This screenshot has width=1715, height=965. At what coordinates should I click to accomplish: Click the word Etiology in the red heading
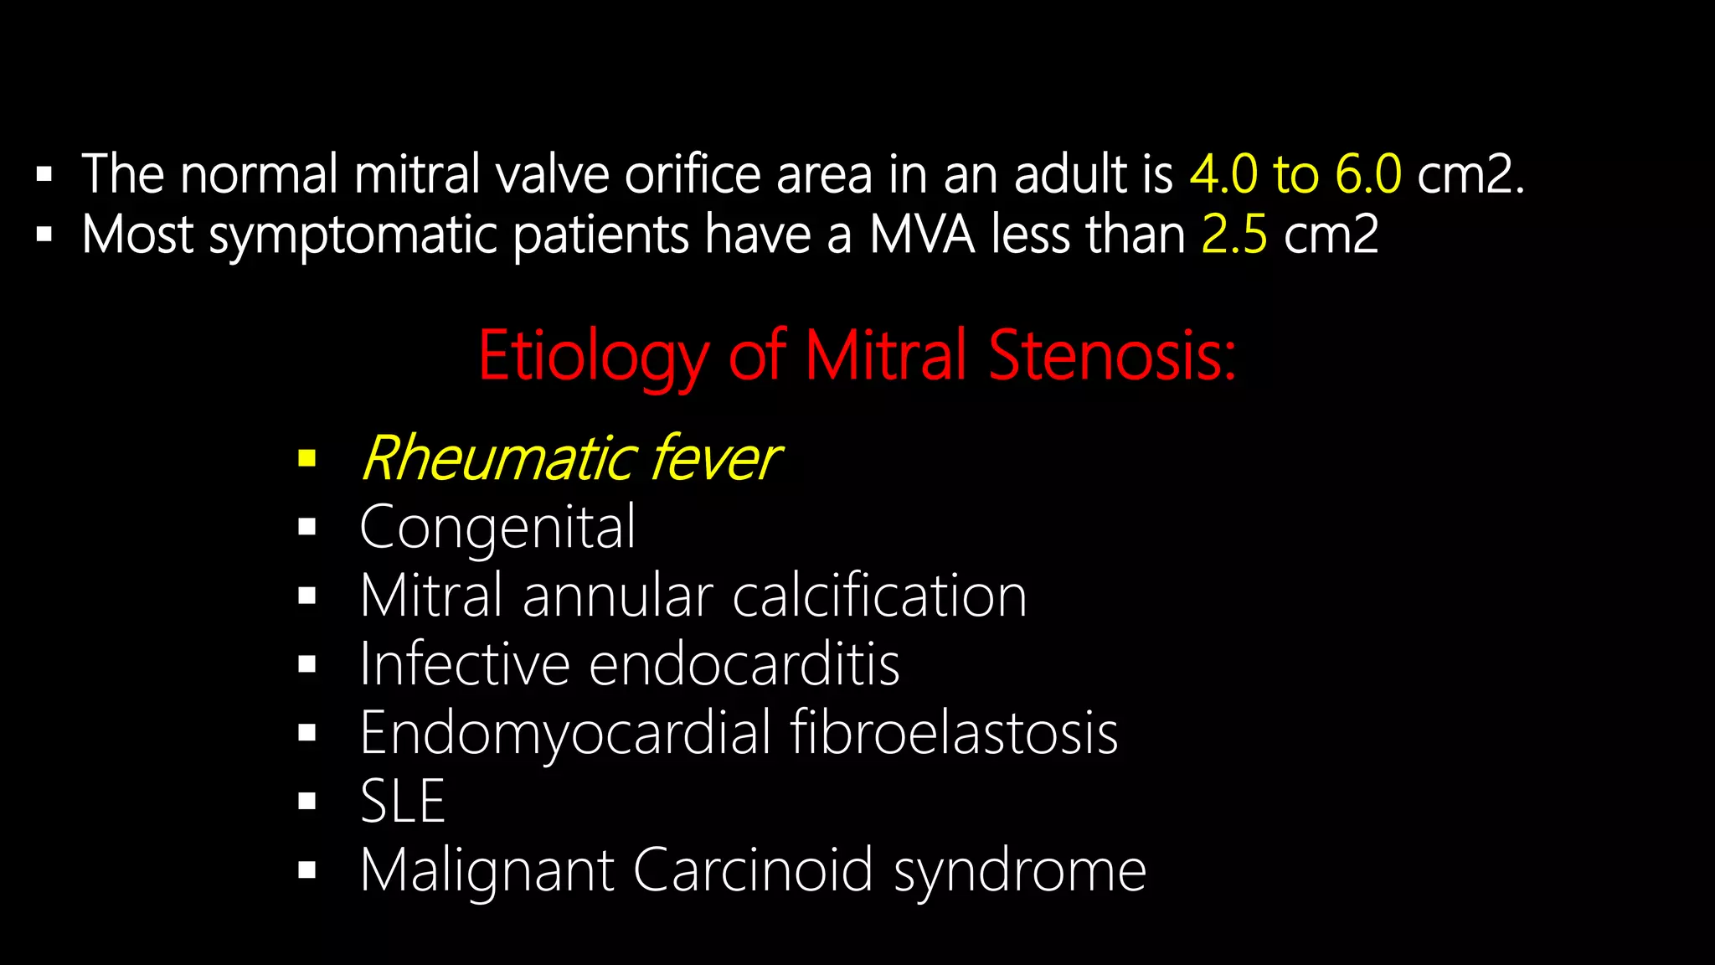pyautogui.click(x=593, y=357)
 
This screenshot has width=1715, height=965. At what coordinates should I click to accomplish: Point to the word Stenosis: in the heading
pyautogui.click(x=1112, y=355)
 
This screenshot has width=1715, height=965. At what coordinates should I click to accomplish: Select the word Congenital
pyautogui.click(x=497, y=528)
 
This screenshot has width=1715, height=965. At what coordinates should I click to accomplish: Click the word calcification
pyautogui.click(x=879, y=596)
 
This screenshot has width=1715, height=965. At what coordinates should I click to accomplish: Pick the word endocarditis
pyautogui.click(x=744, y=664)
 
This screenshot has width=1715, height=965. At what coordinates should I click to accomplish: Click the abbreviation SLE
pyautogui.click(x=402, y=802)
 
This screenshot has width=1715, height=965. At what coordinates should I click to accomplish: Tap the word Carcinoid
pyautogui.click(x=754, y=870)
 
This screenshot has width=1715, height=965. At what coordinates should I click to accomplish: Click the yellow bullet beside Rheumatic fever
pyautogui.click(x=307, y=458)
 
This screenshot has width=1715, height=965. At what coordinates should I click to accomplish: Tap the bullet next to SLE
pyautogui.click(x=307, y=802)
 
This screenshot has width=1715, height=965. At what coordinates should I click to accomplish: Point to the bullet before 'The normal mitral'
pyautogui.click(x=44, y=175)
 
